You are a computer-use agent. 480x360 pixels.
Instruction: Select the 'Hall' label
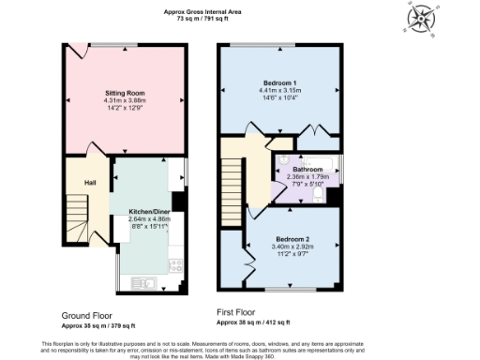[90, 182]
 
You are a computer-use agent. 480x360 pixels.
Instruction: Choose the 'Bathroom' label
[306, 169]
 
